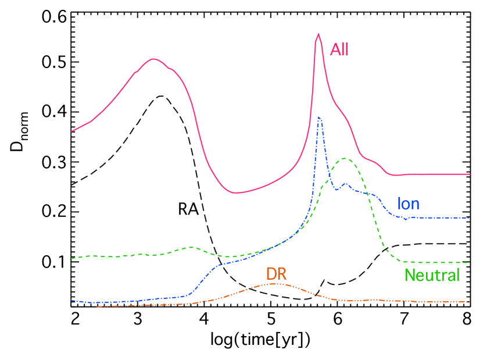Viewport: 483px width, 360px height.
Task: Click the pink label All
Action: coord(339,50)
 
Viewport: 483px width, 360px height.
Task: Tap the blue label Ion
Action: coord(408,204)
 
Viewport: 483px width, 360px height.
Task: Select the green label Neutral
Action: coord(432,275)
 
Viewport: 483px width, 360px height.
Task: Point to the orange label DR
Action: coord(277,273)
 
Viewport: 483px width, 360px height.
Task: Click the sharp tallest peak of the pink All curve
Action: coord(318,34)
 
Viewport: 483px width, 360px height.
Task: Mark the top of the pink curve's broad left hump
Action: coord(153,59)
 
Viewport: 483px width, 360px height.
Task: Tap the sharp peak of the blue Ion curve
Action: coord(319,117)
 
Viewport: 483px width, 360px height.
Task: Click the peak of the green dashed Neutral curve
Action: coord(345,158)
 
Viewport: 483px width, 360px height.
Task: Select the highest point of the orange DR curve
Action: coord(277,283)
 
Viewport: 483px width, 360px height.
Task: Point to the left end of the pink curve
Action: coord(71,131)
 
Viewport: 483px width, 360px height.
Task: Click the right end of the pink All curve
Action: coord(469,174)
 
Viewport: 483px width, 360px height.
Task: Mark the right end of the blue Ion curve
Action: coord(469,218)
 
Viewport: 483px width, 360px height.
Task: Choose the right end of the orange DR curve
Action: coord(469,301)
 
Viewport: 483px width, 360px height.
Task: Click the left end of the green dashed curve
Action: coord(71,258)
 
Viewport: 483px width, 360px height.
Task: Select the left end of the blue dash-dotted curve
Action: coord(71,300)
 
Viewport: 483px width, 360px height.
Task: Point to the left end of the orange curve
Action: coord(97,306)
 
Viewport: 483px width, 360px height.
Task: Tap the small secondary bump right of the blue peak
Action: coord(345,184)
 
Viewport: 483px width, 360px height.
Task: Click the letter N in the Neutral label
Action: coord(409,275)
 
